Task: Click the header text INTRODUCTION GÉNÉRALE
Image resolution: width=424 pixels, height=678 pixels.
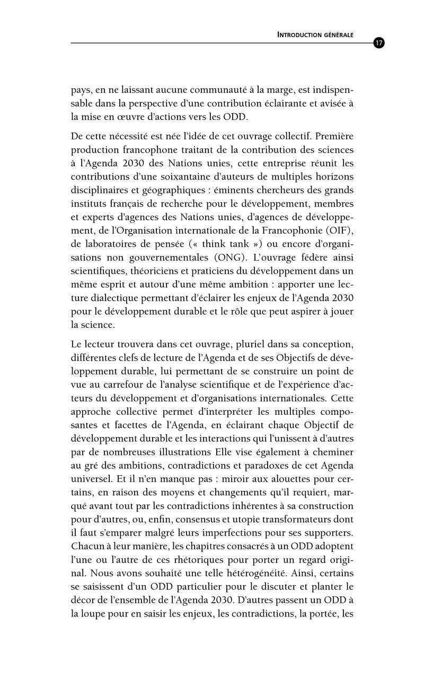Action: click(x=316, y=35)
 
